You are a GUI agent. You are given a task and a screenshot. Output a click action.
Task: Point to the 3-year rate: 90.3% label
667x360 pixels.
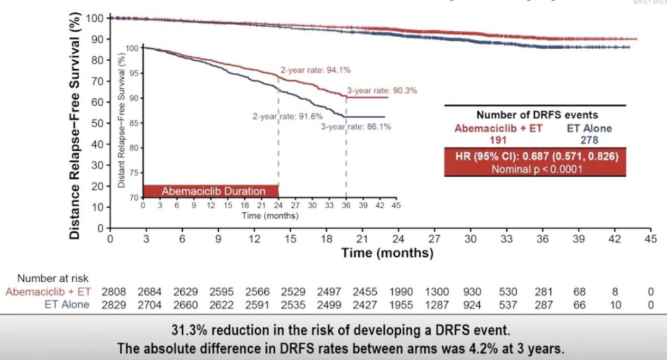[382, 90]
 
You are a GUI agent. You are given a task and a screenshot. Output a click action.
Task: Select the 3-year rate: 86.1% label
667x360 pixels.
[355, 127]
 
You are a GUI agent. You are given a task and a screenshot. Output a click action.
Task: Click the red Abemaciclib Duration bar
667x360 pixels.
[211, 191]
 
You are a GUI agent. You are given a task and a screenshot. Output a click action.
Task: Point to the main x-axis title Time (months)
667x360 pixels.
[387, 253]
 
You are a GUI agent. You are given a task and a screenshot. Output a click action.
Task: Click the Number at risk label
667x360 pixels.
[52, 279]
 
